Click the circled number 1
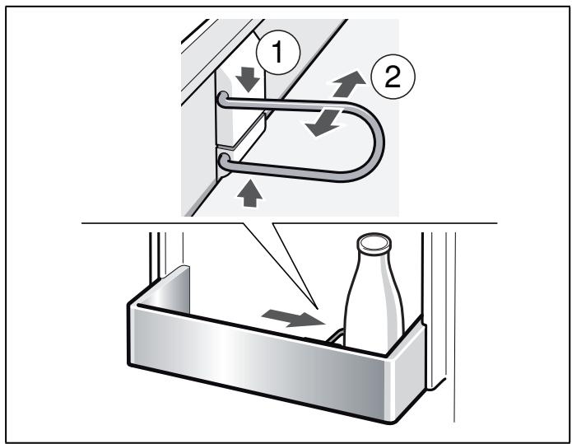(278, 52)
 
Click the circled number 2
(393, 77)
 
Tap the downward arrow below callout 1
(248, 79)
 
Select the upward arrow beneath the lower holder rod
(250, 194)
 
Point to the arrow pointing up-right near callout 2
(349, 84)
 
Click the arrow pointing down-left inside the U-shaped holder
(323, 123)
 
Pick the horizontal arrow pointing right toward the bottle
(293, 318)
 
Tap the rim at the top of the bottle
(374, 243)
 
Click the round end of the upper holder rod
(223, 98)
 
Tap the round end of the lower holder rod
(224, 160)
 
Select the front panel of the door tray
(259, 354)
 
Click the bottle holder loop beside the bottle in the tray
(336, 337)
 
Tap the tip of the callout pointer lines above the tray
(318, 309)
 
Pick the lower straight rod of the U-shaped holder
(288, 171)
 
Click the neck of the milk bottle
(374, 261)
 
